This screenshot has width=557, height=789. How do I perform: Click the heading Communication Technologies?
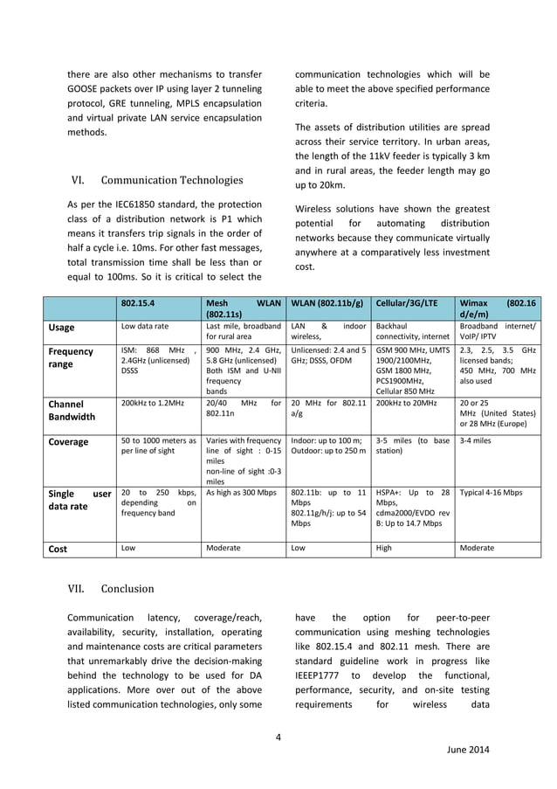172,181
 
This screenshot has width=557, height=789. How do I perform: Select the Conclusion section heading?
127,588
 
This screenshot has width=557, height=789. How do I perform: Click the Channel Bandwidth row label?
78,411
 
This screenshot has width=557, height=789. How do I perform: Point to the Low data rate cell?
145,326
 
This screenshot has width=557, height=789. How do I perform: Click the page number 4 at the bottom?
278,736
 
